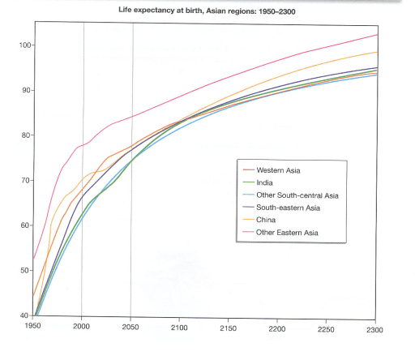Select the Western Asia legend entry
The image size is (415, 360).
[279, 170]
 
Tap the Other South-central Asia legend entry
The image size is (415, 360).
[297, 195]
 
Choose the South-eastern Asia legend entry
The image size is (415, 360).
[288, 208]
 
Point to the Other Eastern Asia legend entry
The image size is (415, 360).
[287, 234]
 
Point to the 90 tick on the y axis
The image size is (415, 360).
[22, 90]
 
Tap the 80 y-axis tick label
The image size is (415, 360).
[22, 135]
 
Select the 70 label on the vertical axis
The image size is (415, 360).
[22, 180]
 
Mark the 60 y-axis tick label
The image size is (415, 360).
[22, 225]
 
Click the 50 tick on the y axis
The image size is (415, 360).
[22, 270]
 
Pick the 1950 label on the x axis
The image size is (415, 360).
[32, 326]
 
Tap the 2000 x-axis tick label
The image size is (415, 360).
[82, 326]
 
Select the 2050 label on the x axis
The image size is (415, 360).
[130, 326]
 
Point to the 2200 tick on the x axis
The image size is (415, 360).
[278, 326]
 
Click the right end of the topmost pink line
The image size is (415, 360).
[377, 35]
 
